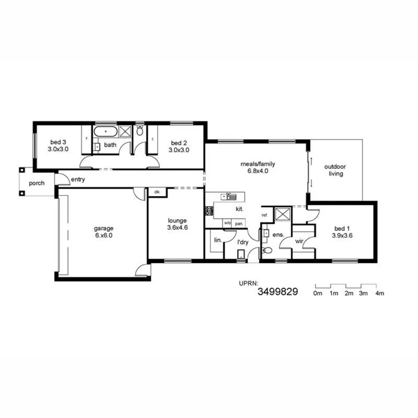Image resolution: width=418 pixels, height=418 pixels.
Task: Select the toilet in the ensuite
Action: pyautogui.click(x=267, y=250)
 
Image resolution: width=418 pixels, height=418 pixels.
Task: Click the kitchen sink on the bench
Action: pyautogui.click(x=229, y=196)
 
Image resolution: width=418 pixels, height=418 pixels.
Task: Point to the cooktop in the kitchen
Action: pyautogui.click(x=209, y=210)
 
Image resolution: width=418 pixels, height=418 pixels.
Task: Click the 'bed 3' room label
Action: pyautogui.click(x=58, y=143)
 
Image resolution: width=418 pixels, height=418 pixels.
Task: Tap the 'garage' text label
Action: pyautogui.click(x=104, y=228)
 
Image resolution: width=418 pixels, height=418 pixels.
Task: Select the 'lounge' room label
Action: pyautogui.click(x=177, y=221)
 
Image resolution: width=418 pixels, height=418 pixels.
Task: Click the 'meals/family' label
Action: pyautogui.click(x=258, y=163)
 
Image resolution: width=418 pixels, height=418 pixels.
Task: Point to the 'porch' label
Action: pyautogui.click(x=37, y=183)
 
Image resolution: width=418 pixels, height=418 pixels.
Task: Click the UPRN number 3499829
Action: pyautogui.click(x=277, y=292)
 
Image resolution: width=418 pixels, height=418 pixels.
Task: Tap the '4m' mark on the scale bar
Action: pyautogui.click(x=379, y=294)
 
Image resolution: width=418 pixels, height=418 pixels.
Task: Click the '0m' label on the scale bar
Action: pyautogui.click(x=318, y=294)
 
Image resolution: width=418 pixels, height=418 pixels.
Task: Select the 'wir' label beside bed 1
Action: pyautogui.click(x=299, y=242)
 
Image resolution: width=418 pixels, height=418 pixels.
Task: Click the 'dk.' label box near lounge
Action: pyautogui.click(x=157, y=192)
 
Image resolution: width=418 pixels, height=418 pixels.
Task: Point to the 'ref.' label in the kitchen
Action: pyautogui.click(x=265, y=215)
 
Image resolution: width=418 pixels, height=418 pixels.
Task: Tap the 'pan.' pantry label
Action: pyautogui.click(x=239, y=223)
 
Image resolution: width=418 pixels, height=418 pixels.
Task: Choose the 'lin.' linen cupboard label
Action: pyautogui.click(x=217, y=240)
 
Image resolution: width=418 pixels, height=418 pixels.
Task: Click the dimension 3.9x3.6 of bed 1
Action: pyautogui.click(x=343, y=235)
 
